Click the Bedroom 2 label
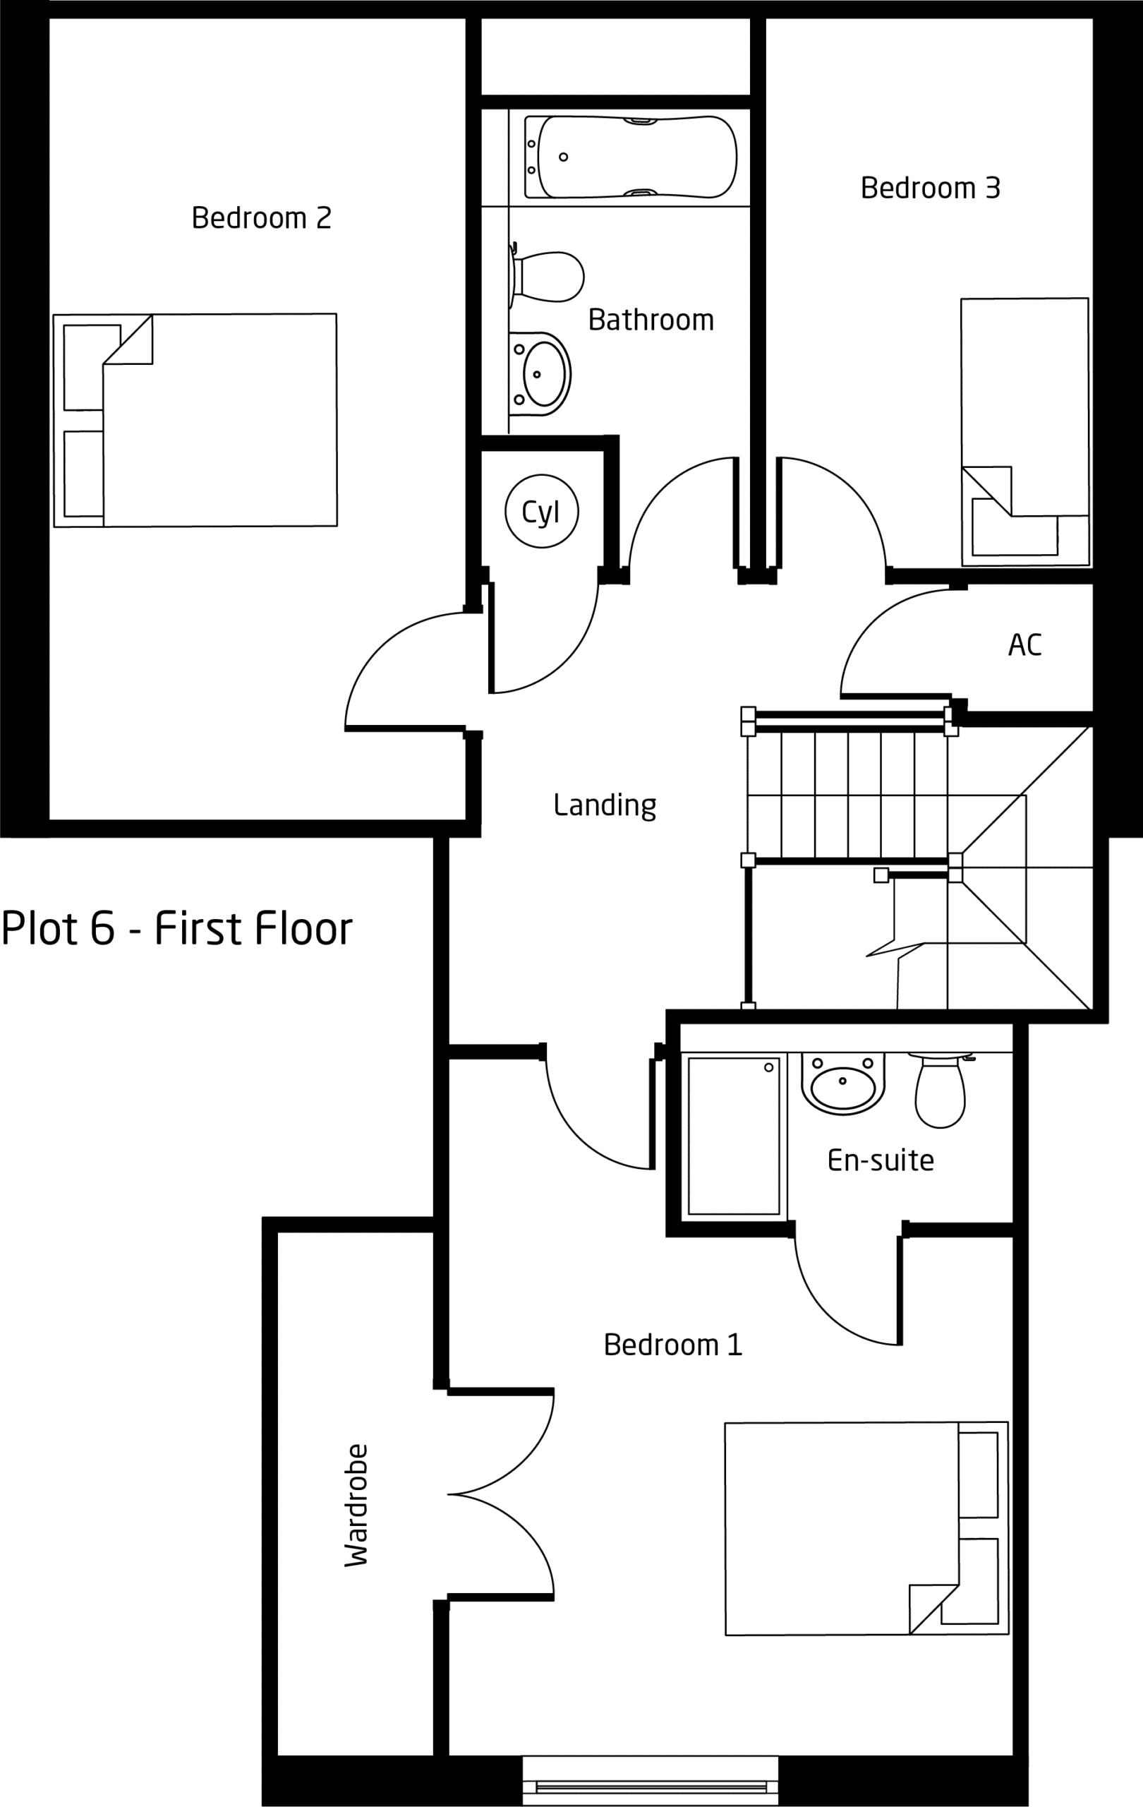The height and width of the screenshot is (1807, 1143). pos(261,217)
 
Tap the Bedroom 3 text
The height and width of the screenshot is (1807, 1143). pos(930,188)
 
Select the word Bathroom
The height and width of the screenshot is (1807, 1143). pos(651,320)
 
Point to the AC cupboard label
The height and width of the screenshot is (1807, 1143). pos(1024,644)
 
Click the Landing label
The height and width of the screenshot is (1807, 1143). pos(605,805)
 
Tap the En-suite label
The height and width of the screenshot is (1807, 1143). pos(881,1160)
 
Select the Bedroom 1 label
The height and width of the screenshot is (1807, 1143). pos(673,1344)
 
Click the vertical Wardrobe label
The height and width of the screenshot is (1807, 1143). pos(356,1505)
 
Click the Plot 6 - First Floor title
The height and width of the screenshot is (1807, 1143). pos(177,928)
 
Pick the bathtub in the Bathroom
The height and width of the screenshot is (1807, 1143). pos(630,157)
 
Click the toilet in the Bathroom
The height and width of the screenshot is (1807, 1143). pos(546,276)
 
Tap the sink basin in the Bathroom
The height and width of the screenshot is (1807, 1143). pos(540,373)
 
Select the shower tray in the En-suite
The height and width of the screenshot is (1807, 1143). pos(734,1136)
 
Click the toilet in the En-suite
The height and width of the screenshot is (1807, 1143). pos(941,1090)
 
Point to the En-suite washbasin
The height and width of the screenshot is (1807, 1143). pos(843,1083)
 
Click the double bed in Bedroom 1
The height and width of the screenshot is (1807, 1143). pos(866,1528)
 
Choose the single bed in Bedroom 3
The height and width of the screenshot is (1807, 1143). pos(1024,432)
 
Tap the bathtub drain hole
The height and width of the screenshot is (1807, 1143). pos(563,157)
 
